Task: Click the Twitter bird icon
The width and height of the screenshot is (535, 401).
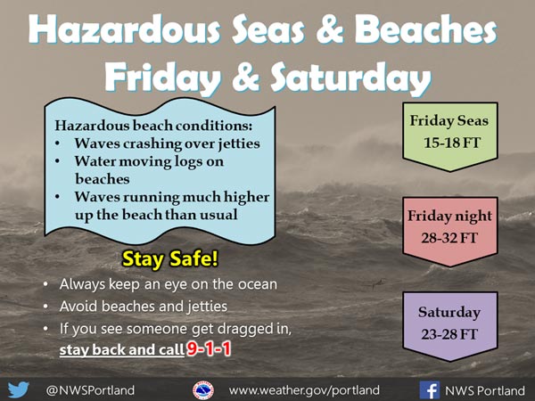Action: (19, 389)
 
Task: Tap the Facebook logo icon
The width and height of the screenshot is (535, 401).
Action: (430, 390)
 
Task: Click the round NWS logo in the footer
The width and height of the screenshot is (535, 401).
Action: (203, 390)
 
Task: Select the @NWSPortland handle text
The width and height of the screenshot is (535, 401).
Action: (90, 390)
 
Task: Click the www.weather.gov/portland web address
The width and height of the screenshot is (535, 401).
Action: (304, 390)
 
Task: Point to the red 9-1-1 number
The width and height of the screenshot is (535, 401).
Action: (209, 348)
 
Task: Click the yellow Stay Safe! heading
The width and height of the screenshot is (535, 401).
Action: (170, 258)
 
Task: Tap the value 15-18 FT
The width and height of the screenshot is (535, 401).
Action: (452, 143)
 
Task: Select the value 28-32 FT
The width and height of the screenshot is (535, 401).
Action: (449, 238)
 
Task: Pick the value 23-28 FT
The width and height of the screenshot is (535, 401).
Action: (449, 334)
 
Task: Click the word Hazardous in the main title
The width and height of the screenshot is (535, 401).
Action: (124, 29)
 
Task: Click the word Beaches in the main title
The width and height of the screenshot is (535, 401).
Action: (425, 29)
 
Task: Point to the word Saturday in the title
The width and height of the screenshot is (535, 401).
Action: (350, 78)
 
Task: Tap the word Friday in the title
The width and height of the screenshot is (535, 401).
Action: (163, 78)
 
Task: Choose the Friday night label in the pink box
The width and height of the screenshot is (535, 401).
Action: (449, 217)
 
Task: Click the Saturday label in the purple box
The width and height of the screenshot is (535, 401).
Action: (449, 313)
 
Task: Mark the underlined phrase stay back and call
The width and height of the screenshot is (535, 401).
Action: (122, 350)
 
